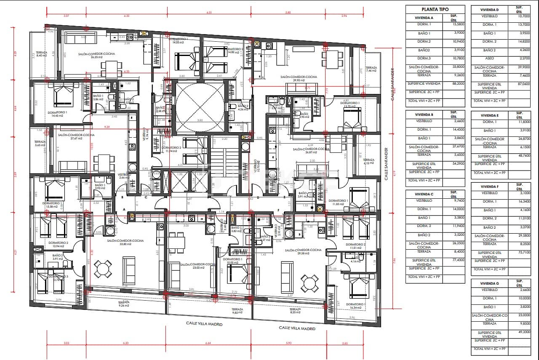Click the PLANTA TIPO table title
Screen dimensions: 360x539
435,9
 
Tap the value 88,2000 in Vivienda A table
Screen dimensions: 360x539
453,83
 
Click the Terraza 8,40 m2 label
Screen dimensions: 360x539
41,54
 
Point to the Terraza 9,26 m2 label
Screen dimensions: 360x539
124,304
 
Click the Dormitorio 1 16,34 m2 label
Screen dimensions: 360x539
355,306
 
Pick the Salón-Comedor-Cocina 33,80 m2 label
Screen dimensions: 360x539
125,242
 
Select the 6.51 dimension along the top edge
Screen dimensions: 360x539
209,13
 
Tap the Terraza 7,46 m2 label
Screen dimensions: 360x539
371,69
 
